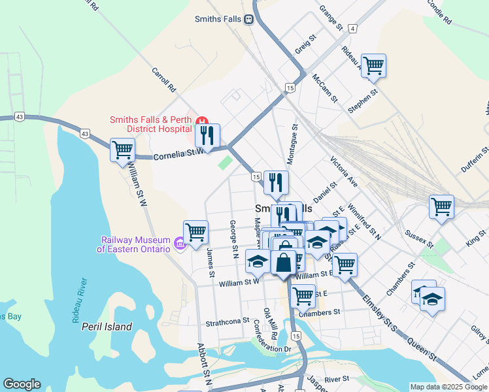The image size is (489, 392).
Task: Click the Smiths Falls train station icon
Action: coord(249,19)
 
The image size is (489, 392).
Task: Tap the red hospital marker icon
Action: coord(202,121)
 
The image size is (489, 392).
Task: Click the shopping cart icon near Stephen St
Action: coord(373,65)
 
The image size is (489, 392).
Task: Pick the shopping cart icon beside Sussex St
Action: coord(441,206)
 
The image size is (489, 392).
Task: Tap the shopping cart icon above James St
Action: coord(195,232)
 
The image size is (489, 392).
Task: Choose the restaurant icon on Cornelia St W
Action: coord(207,135)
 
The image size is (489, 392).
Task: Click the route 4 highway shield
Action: coord(352,29)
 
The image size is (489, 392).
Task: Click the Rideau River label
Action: coord(80,301)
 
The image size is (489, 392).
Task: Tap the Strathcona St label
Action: coord(228,321)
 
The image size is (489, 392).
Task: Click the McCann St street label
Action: coord(324,89)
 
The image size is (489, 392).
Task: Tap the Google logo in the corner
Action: coord(22,384)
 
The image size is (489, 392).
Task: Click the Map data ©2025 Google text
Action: coord(448,387)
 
